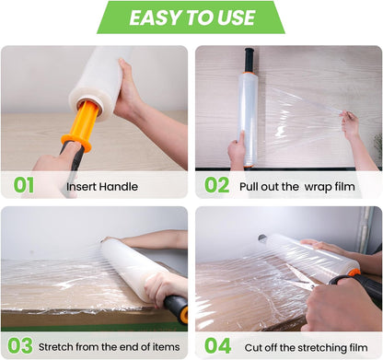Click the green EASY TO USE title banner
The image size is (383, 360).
[191, 17]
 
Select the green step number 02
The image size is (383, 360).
[216, 185]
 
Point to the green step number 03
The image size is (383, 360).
[20, 346]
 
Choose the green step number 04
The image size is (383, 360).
[217, 346]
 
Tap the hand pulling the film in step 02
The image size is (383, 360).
[350, 124]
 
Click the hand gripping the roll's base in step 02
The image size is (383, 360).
[237, 152]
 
